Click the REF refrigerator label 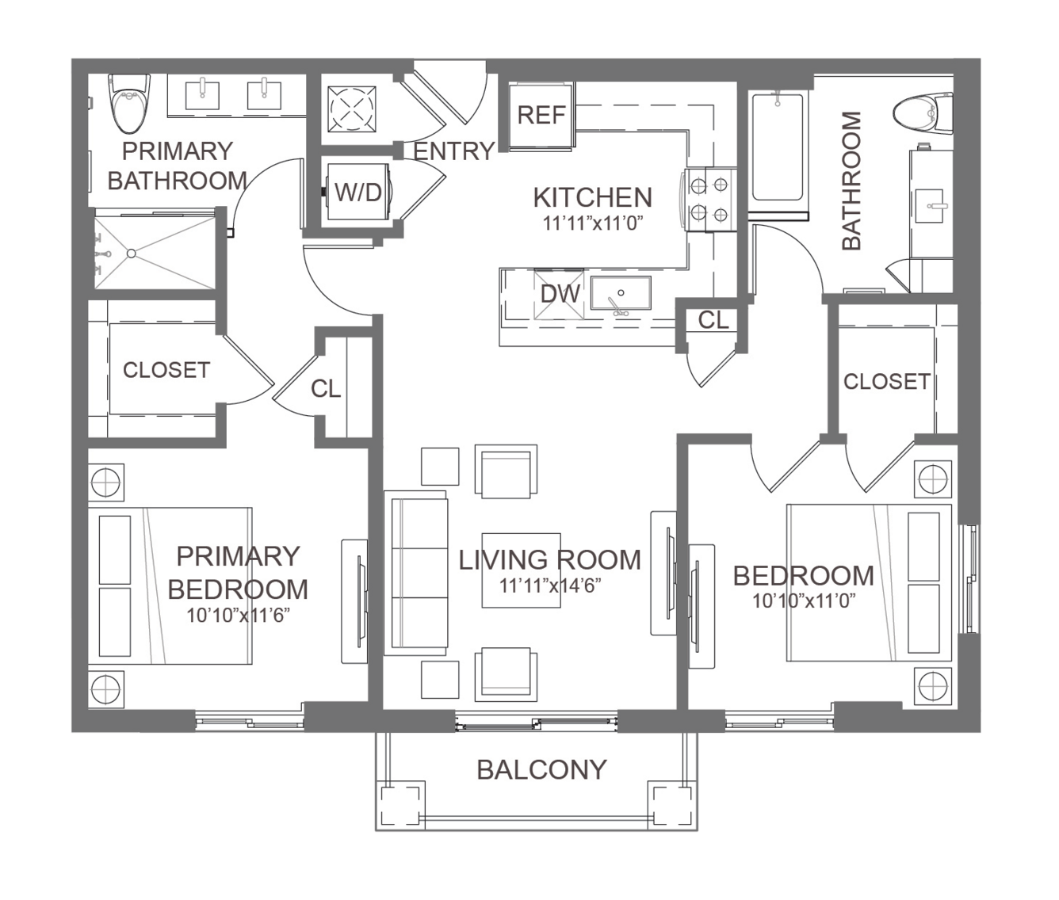[x=541, y=115]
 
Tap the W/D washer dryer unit [x=358, y=192]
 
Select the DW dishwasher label [x=560, y=294]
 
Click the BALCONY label [x=541, y=770]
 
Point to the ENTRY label [x=454, y=151]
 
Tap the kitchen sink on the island [x=621, y=293]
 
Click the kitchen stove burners [x=710, y=199]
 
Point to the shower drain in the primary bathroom [x=132, y=254]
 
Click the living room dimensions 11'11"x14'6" [x=550, y=586]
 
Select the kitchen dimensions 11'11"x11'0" [x=592, y=223]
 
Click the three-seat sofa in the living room [x=415, y=573]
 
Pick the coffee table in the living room [x=521, y=570]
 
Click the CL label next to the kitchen [x=713, y=321]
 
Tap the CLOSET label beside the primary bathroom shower [x=166, y=370]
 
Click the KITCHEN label [x=593, y=197]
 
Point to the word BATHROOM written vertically [x=851, y=181]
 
